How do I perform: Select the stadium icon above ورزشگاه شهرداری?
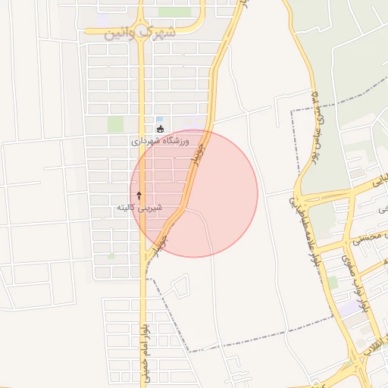click(159, 130)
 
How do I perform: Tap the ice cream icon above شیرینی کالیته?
click(139, 196)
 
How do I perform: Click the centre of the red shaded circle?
click(194, 193)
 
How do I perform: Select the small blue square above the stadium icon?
click(159, 119)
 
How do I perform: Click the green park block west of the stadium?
click(115, 124)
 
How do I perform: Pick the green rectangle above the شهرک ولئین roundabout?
click(174, 12)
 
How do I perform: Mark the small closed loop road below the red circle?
click(180, 286)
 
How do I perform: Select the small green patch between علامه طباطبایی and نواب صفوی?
click(333, 282)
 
